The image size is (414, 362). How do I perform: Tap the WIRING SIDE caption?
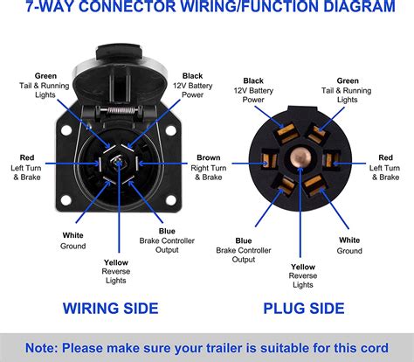[x=110, y=308]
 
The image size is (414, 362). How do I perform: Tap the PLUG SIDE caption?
[x=303, y=308]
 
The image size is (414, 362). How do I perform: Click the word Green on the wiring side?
[x=46, y=76]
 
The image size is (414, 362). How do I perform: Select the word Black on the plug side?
[x=254, y=80]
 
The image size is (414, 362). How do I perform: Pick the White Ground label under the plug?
[x=349, y=245]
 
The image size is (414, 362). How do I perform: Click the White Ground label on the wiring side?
[x=73, y=240]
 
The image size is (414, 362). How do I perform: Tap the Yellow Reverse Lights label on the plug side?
[x=303, y=275]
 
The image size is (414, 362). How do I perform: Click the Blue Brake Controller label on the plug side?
[x=244, y=249]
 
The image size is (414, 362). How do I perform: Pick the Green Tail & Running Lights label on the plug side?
[x=347, y=91]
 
